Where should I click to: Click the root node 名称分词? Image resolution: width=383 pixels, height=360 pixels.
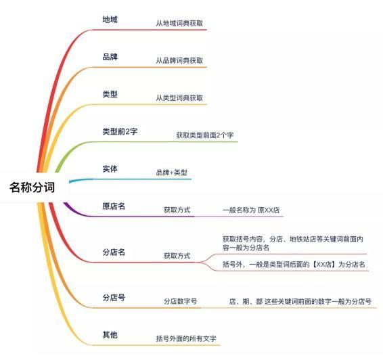(32, 187)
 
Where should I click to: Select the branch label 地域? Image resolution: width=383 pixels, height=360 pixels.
(110, 20)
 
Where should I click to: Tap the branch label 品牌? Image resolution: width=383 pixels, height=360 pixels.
(110, 57)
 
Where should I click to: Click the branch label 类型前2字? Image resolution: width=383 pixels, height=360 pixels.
(120, 132)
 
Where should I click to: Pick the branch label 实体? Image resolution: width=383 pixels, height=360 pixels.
(110, 168)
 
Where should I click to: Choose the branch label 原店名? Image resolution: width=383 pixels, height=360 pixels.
(114, 206)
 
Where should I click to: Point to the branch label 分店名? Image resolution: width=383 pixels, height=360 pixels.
(114, 252)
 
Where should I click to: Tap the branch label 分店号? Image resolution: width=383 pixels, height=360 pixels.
(114, 298)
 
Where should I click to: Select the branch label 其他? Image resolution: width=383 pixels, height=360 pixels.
(110, 335)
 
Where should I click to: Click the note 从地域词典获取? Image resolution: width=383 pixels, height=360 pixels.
(179, 23)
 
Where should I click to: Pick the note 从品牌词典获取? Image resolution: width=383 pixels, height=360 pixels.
(179, 60)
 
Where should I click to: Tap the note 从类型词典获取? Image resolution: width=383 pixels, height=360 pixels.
(179, 97)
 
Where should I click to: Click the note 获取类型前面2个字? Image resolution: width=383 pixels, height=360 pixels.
(205, 135)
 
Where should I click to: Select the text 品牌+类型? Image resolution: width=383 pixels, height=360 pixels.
(172, 173)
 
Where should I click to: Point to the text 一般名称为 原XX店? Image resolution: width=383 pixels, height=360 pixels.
(251, 210)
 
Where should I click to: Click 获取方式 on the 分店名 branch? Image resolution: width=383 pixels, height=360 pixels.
(177, 256)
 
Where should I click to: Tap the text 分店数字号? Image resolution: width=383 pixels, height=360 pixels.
(180, 301)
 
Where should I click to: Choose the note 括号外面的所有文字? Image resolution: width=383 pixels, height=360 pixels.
(186, 338)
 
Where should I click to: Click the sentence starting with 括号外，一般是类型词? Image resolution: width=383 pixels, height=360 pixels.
(294, 265)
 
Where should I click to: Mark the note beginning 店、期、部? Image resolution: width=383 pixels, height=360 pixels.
(300, 301)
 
